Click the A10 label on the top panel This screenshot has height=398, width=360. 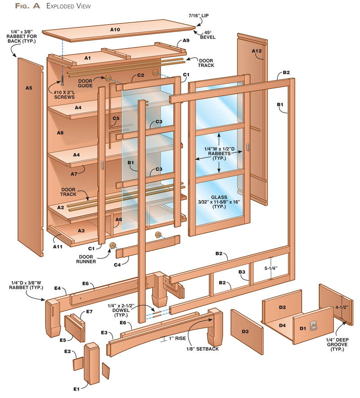coord(115,30)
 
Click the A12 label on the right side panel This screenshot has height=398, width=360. coord(256,50)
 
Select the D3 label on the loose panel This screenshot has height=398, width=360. coord(245,332)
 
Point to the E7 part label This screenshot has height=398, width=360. coord(89,312)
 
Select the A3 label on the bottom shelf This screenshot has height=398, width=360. coord(81,231)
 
